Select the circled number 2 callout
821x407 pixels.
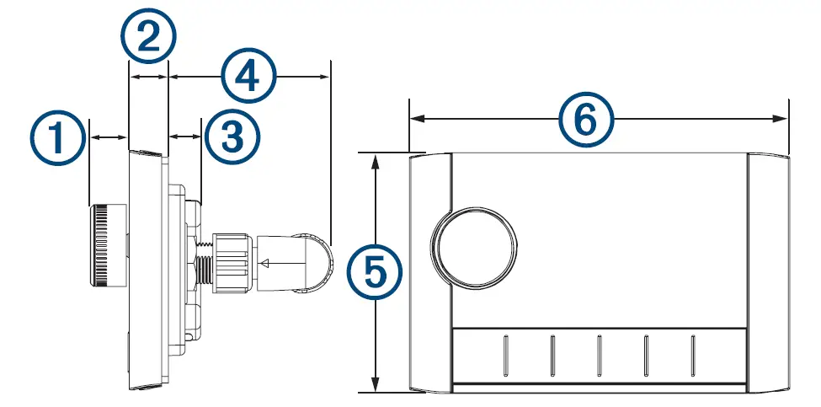(148, 38)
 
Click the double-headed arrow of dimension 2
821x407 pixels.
(148, 77)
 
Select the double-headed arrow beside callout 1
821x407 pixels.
(108, 136)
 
